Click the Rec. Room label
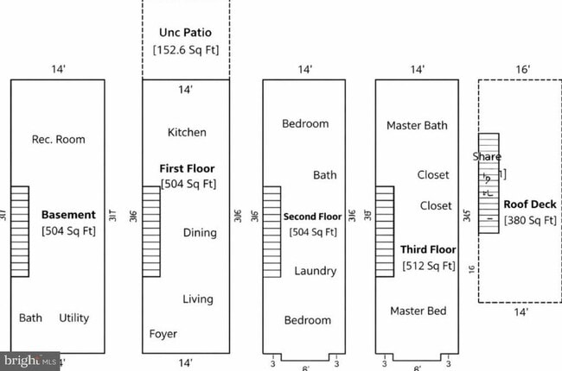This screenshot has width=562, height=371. point(58,139)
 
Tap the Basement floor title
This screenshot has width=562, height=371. point(68,213)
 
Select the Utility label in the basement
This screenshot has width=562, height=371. point(73,318)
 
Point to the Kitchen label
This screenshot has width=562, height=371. point(187,132)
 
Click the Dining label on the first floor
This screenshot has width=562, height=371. point(200,232)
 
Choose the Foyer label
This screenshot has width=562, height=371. point(163,334)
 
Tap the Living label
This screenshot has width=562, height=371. point(197,299)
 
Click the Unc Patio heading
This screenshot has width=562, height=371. point(185,33)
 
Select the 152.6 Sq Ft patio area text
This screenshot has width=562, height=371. point(186,49)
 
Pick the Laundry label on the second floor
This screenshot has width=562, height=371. point(315,271)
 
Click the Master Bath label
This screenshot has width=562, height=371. point(417,126)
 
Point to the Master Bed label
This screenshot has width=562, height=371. point(418,311)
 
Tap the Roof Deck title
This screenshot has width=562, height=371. point(529,205)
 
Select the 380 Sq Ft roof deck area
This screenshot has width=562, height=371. point(529,222)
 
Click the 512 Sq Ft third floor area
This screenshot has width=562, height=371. point(429,266)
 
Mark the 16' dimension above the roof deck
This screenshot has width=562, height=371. point(523,69)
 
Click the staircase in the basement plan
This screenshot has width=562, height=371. point(20,231)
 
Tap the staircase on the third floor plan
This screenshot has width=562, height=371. point(385,231)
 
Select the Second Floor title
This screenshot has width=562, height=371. point(312,217)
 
